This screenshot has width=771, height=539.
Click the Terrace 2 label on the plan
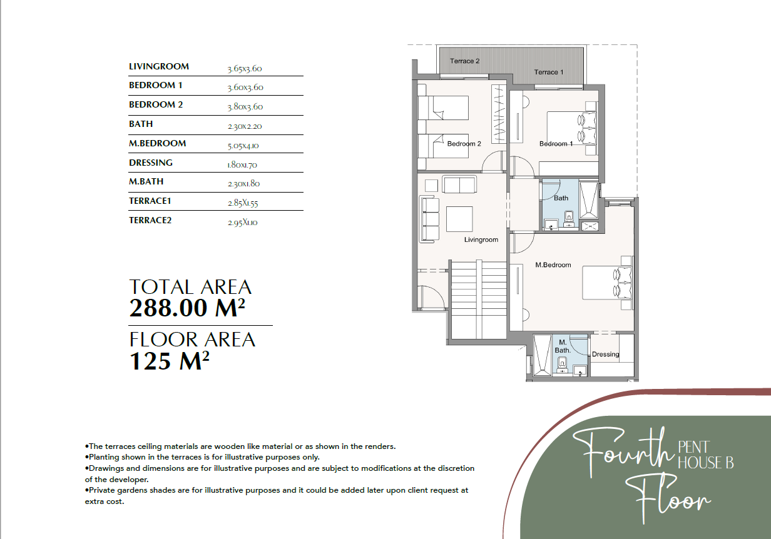point(464,61)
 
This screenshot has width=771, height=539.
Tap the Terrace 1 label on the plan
point(549,72)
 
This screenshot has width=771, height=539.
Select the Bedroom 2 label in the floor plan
point(464,144)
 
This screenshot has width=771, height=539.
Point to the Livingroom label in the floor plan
point(481,239)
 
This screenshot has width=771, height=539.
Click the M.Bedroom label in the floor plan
point(553,265)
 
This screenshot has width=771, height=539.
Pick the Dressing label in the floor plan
point(605,355)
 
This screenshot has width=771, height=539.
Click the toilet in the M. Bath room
point(563,365)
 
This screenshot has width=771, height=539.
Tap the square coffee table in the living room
point(459,219)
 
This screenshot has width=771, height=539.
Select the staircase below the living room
point(478,300)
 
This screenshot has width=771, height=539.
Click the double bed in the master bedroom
point(608,283)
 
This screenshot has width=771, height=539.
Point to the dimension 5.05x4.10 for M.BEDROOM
point(243,146)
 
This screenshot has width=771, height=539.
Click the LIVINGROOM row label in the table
point(159,66)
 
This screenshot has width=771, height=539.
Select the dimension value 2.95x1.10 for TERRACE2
point(242,223)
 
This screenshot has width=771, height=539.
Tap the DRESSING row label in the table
point(150,163)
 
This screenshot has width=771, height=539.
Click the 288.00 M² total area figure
point(187,308)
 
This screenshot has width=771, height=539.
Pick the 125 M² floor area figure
point(169,361)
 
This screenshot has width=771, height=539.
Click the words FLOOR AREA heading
point(192,340)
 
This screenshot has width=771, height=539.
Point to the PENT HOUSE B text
point(706,455)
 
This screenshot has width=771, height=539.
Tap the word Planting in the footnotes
point(103,457)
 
